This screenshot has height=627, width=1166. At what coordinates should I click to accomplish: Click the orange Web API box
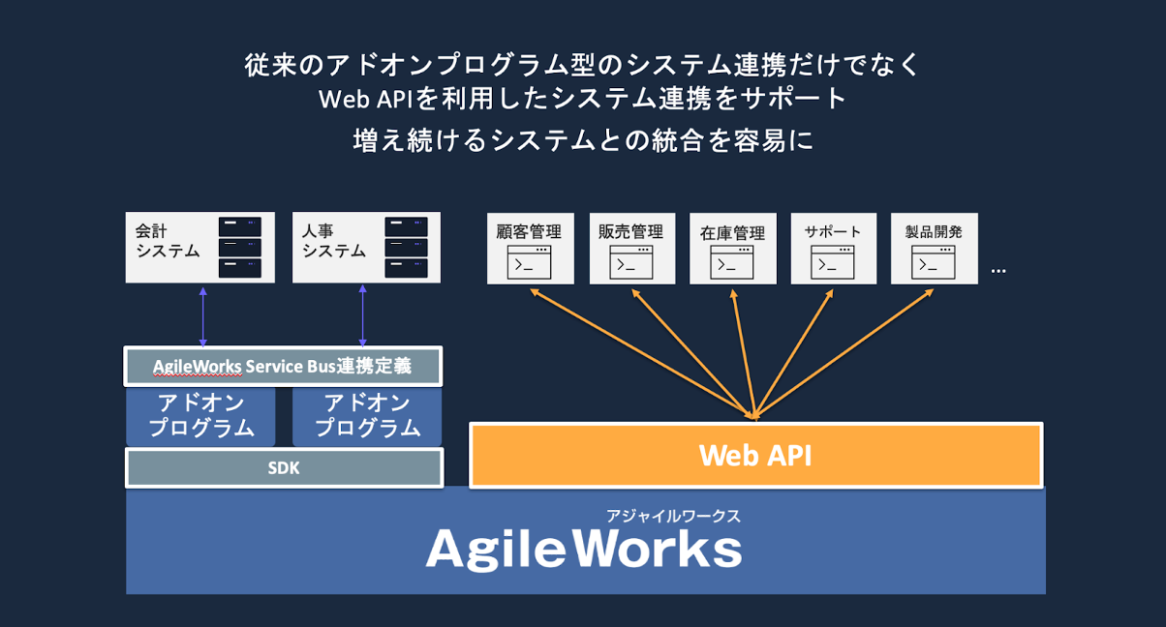[755, 455]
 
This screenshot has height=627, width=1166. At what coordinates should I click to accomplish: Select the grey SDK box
[284, 467]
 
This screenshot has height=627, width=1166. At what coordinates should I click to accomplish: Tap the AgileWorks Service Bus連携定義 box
[283, 367]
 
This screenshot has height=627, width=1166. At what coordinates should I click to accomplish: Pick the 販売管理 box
[630, 249]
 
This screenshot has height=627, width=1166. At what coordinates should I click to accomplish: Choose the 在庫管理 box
[732, 249]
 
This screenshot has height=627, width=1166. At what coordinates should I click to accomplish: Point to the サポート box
[833, 249]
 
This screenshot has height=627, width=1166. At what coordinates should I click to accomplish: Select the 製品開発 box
[934, 249]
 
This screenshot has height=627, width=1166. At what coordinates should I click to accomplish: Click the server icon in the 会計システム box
[240, 248]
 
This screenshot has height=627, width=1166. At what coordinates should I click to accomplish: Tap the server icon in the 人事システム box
[406, 248]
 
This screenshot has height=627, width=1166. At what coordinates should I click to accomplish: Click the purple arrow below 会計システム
[202, 315]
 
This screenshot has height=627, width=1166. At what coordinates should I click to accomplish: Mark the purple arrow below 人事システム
[362, 315]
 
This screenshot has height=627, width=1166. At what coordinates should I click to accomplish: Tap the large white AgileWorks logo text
[584, 550]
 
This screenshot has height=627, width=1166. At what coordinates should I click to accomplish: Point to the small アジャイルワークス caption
[673, 516]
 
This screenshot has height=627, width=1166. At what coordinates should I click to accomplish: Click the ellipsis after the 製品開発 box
[998, 270]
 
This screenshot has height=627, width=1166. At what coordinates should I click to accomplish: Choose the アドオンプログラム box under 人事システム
[367, 415]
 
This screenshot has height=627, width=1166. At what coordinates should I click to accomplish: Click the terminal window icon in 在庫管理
[731, 262]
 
